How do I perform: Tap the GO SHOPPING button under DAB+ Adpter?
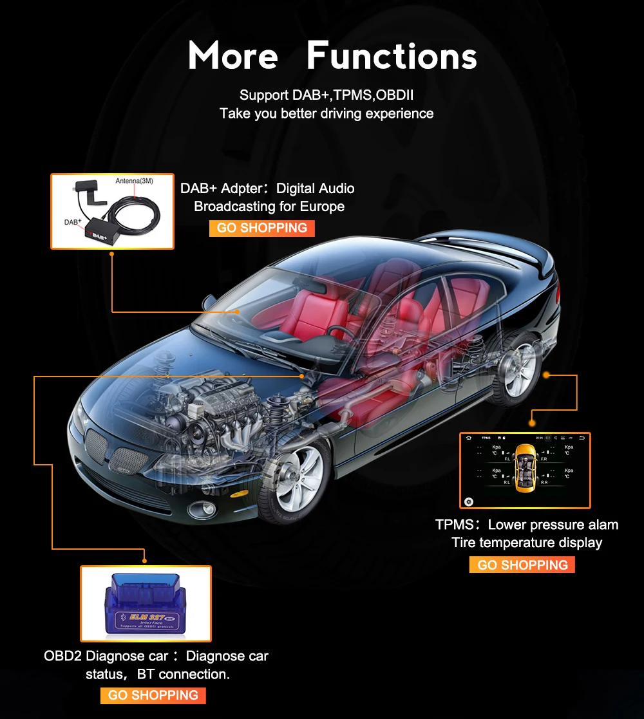[x=261, y=228]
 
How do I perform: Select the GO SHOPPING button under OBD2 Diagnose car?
[x=153, y=695]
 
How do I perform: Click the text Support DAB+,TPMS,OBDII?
[x=326, y=95]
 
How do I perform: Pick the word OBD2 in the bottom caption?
[x=62, y=656]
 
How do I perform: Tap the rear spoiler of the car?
[x=515, y=247]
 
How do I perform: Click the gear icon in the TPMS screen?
[x=469, y=501]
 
